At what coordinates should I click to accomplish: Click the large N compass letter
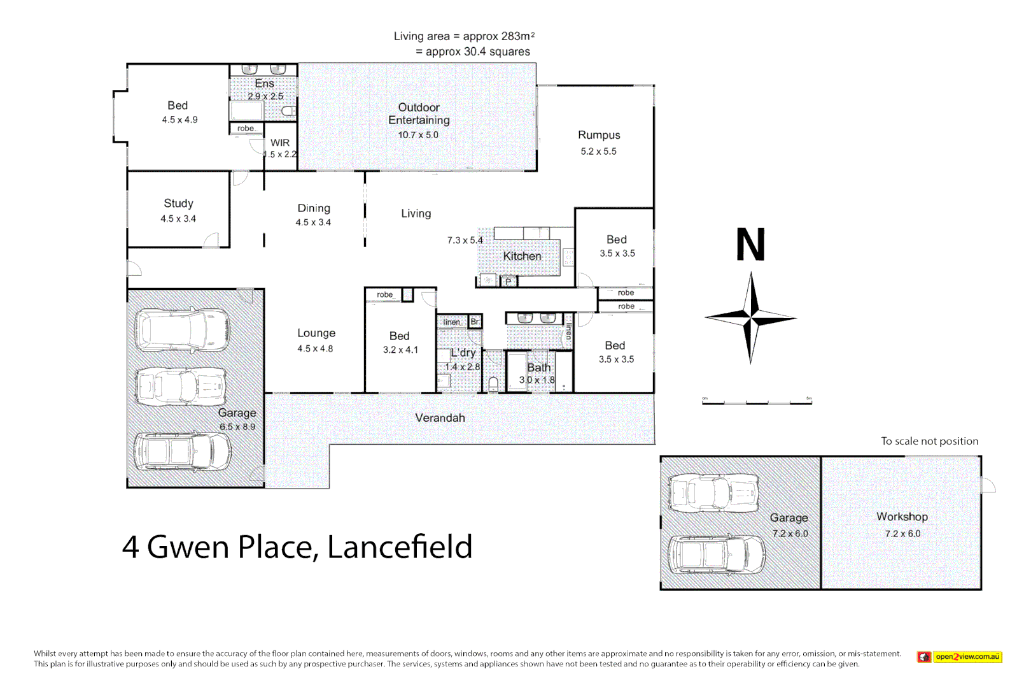[x=750, y=245]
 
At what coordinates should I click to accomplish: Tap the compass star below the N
[x=751, y=317]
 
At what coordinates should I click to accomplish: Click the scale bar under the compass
[x=757, y=402]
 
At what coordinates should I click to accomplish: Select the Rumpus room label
[x=599, y=135]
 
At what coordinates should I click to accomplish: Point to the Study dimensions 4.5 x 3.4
[x=178, y=219]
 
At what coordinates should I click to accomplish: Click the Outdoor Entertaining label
[x=419, y=114]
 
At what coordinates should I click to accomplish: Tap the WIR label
[x=280, y=143]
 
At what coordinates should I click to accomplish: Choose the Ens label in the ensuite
[x=264, y=84]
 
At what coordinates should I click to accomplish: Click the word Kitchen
[x=522, y=256]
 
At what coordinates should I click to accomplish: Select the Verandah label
[x=440, y=418]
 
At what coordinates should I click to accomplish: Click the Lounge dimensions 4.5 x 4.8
[x=315, y=348]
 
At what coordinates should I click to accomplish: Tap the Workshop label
[x=902, y=517]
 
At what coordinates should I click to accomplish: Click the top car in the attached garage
[x=183, y=330]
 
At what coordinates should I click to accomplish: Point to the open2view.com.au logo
[x=960, y=657]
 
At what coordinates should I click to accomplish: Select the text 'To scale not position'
[x=929, y=441]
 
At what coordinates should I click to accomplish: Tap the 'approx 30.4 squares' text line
[x=473, y=52]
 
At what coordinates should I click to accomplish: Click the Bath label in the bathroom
[x=538, y=368]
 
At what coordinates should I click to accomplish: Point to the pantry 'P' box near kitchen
[x=508, y=281]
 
